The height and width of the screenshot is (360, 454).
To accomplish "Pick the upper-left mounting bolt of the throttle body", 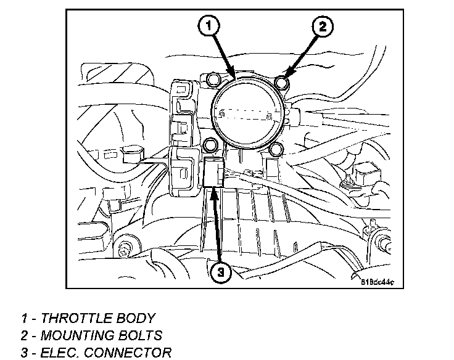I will [213, 78].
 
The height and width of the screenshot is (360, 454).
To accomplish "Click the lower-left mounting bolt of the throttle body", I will [211, 145].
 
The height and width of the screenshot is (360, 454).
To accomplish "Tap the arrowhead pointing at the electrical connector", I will [213, 190].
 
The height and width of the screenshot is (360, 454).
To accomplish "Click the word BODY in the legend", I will [136, 319].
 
